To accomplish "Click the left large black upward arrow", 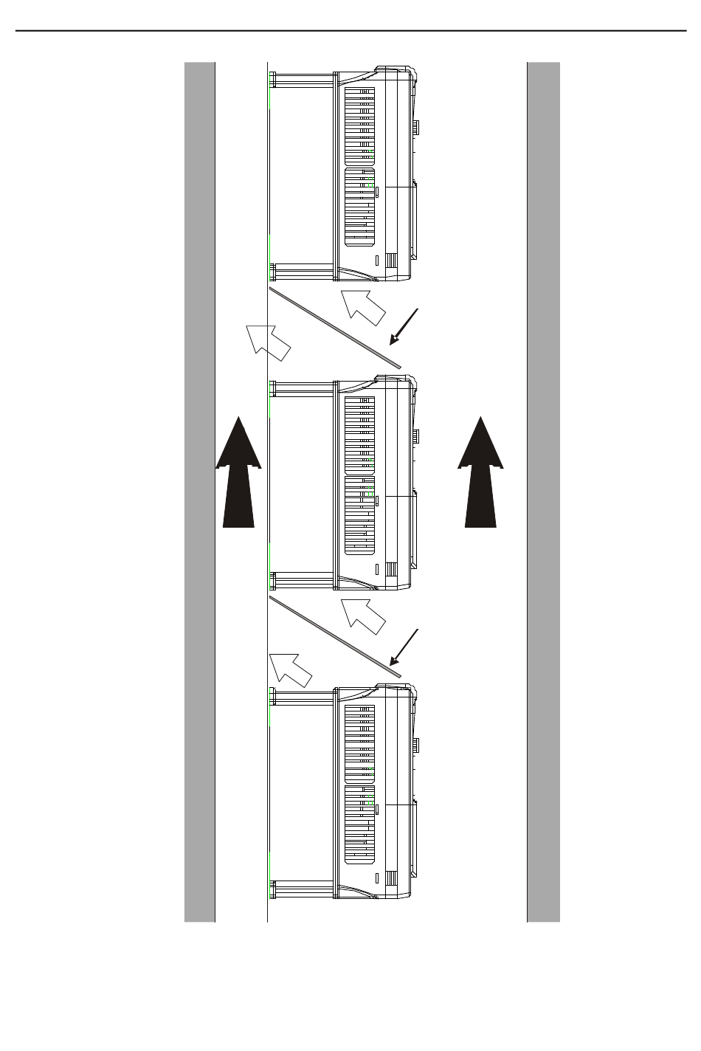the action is [238, 480].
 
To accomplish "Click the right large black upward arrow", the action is [480, 480].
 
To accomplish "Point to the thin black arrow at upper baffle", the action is [404, 326].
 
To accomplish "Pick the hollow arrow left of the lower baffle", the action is [289, 668].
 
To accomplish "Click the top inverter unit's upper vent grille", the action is [360, 125].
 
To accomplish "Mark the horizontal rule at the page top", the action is [350, 31].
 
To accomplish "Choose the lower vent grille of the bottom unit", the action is [360, 824].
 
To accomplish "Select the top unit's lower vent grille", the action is [360, 207].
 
